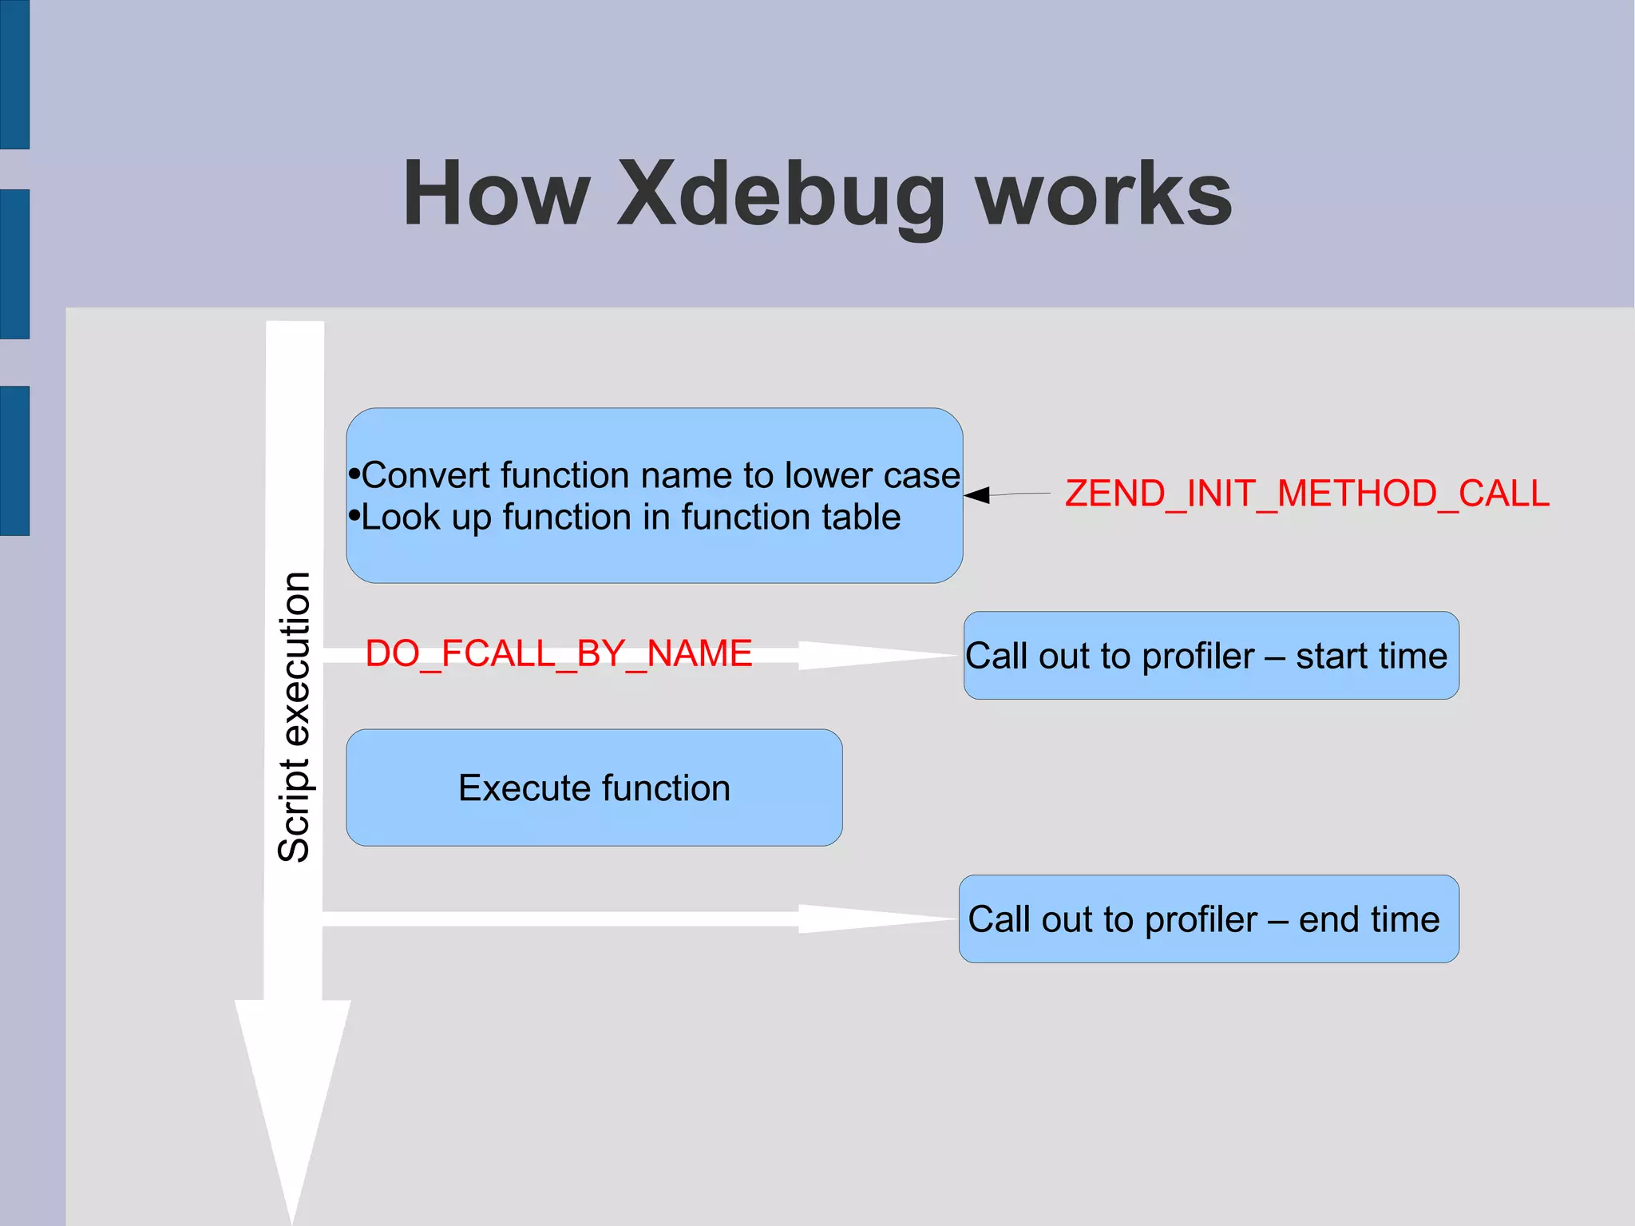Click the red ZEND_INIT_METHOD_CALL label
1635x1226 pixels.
point(1307,494)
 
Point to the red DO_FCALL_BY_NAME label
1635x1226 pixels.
point(558,654)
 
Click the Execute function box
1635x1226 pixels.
point(594,788)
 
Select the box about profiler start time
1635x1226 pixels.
point(1211,656)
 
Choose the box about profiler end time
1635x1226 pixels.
point(1209,919)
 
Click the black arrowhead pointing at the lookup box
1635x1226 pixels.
point(977,495)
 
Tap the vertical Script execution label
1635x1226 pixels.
point(294,716)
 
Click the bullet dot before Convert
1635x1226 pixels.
point(354,474)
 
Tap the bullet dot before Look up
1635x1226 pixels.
point(354,516)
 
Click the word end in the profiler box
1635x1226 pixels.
point(1329,920)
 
